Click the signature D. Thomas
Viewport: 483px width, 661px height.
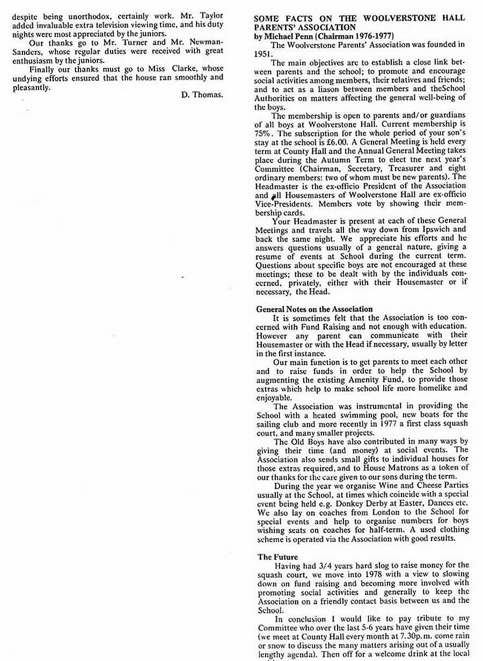point(202,95)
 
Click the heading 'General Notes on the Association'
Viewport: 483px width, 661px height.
point(314,309)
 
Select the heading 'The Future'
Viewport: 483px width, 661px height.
point(277,557)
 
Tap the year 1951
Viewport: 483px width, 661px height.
point(263,54)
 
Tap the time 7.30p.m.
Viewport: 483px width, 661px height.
point(399,636)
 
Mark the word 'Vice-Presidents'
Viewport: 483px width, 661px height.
point(285,204)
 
